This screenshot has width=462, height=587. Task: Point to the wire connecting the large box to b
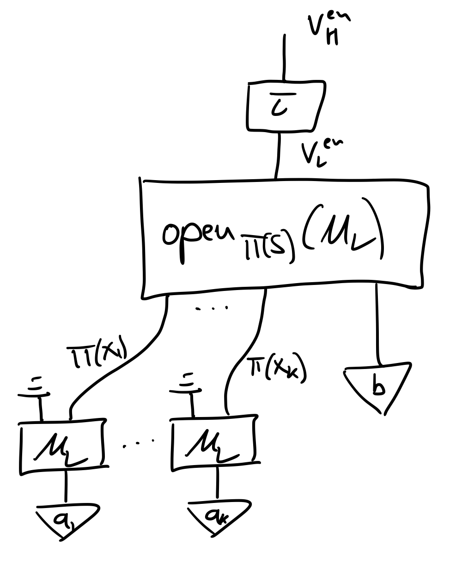coord(378,323)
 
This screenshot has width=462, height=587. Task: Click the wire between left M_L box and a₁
coord(66,487)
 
